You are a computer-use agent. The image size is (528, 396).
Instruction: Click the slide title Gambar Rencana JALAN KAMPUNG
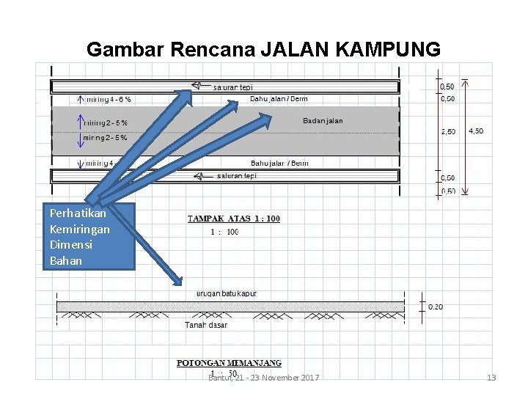pyautogui.click(x=263, y=49)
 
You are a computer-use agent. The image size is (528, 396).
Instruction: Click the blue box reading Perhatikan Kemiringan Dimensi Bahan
pyautogui.click(x=89, y=237)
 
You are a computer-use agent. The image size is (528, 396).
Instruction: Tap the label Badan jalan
pyautogui.click(x=323, y=121)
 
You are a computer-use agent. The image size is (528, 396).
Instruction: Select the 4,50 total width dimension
pyautogui.click(x=476, y=131)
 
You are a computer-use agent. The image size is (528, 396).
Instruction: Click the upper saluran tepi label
pyautogui.click(x=233, y=87)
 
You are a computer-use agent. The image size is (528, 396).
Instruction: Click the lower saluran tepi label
pyautogui.click(x=237, y=176)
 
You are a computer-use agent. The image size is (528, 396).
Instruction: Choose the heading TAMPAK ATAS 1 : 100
pyautogui.click(x=234, y=218)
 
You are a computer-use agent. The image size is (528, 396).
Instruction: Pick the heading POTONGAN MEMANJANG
pyautogui.click(x=230, y=363)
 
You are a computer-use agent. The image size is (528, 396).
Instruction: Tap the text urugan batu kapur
pyautogui.click(x=227, y=293)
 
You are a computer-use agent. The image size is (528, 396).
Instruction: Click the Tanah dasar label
pyautogui.click(x=205, y=325)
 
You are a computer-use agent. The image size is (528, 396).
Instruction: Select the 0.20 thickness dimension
pyautogui.click(x=435, y=307)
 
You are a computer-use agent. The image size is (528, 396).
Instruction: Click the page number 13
pyautogui.click(x=491, y=378)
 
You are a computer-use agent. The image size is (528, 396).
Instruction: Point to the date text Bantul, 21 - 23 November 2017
pyautogui.click(x=263, y=377)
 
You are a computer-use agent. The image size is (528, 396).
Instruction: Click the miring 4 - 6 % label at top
pyautogui.click(x=109, y=98)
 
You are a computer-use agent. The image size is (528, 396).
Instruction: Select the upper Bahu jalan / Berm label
pyautogui.click(x=279, y=98)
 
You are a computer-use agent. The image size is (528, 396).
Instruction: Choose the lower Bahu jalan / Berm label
pyautogui.click(x=279, y=163)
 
